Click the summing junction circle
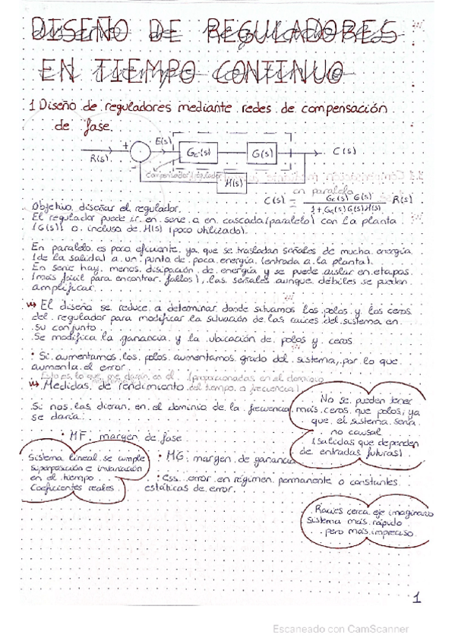click(x=140, y=152)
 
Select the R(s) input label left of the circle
click(x=101, y=159)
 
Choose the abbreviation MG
click(x=175, y=459)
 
